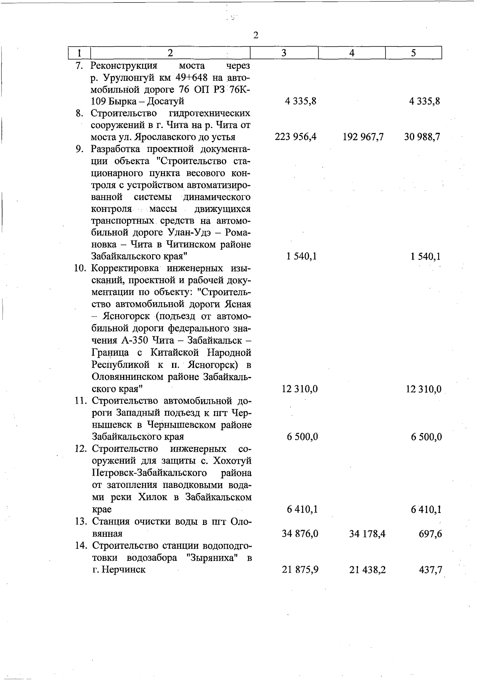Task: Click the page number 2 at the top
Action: [x=256, y=35]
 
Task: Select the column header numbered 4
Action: [x=352, y=53]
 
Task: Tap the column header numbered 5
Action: [x=413, y=53]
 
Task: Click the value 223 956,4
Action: [x=296, y=137]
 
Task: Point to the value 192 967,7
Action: [x=363, y=137]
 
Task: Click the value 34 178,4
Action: [x=367, y=534]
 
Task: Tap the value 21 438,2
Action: [x=367, y=570]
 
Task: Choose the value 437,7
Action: [x=431, y=570]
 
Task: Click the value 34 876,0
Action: [x=300, y=534]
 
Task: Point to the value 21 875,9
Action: [x=300, y=570]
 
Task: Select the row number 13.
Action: [x=81, y=521]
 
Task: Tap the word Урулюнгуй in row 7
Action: [x=123, y=77]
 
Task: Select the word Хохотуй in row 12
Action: [x=232, y=461]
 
